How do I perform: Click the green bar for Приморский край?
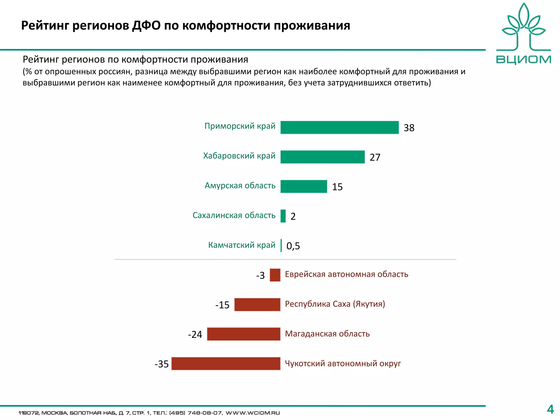point(339,127)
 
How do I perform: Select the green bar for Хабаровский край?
point(322,157)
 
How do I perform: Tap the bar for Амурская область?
point(304,186)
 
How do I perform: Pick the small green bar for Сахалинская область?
point(283,216)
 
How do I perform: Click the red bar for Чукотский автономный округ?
point(226,364)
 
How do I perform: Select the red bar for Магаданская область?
point(244,334)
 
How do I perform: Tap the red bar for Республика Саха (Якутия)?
point(257,305)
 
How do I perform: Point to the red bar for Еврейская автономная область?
point(275,275)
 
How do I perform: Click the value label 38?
point(409,128)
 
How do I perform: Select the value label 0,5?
point(293,246)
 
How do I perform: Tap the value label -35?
point(162,364)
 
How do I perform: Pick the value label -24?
point(195,335)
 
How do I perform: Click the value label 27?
point(375,157)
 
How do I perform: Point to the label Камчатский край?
point(242,245)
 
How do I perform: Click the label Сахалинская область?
point(234,215)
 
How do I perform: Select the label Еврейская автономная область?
point(346,274)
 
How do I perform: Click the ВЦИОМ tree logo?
point(523,27)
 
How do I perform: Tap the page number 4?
point(550,410)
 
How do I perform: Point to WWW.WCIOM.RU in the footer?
point(253,413)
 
